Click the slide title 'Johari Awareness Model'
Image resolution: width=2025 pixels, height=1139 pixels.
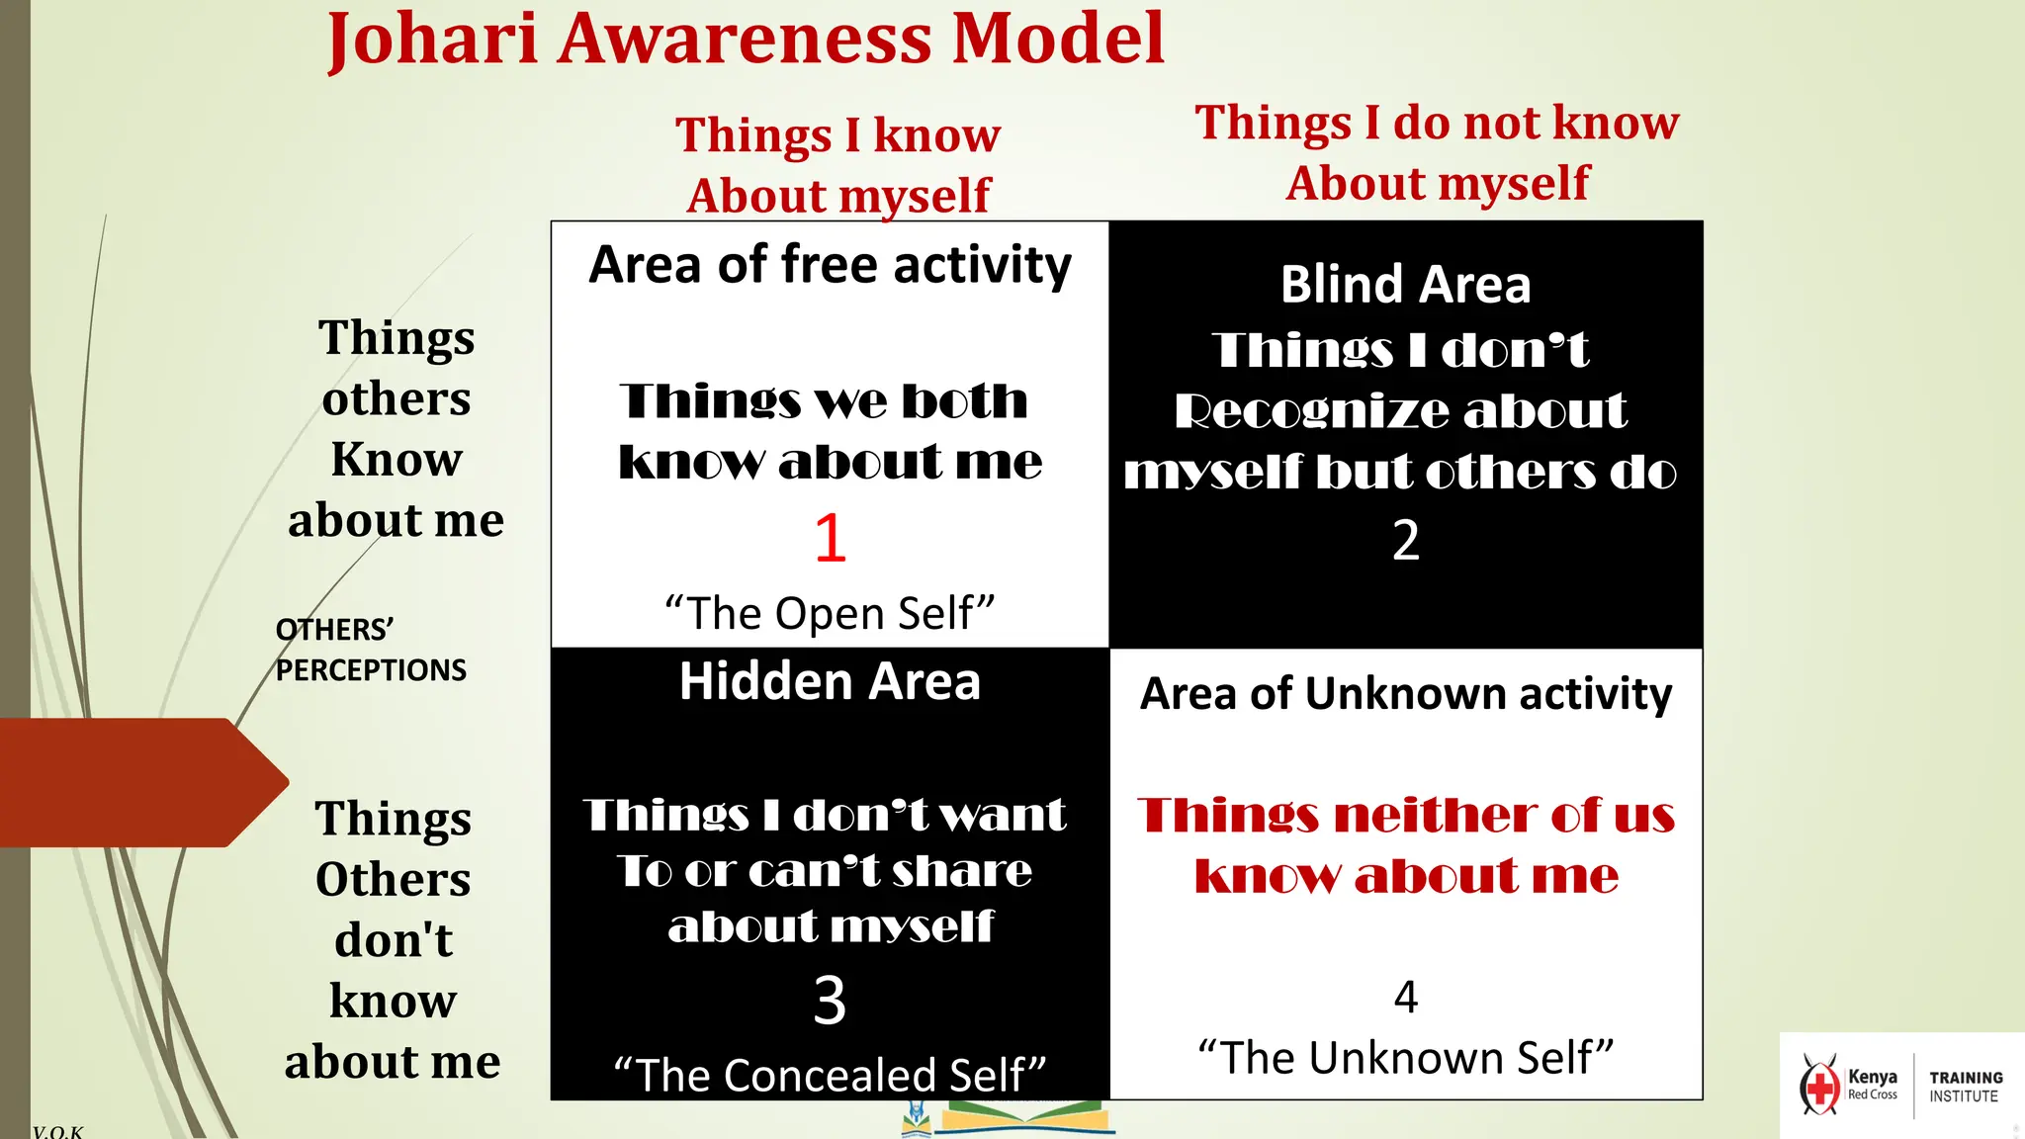tap(747, 40)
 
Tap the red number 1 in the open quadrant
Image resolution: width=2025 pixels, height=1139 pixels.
tap(831, 539)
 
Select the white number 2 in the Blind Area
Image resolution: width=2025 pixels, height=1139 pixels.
tap(1405, 541)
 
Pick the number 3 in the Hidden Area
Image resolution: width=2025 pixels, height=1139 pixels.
tap(830, 1001)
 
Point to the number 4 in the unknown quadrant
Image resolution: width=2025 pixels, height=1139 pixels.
tap(1405, 997)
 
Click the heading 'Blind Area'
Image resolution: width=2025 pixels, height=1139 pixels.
tap(1405, 285)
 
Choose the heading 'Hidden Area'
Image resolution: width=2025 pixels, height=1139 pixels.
tap(830, 682)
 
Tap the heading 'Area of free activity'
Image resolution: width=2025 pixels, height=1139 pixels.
tap(830, 265)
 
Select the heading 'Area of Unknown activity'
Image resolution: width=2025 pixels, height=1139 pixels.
tap(1405, 694)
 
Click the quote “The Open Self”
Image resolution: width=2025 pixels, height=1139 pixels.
tap(830, 614)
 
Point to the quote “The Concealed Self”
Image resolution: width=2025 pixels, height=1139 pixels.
tap(830, 1076)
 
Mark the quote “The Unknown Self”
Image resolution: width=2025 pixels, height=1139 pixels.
tap(1405, 1058)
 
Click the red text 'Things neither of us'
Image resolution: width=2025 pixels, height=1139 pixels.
tap(1405, 816)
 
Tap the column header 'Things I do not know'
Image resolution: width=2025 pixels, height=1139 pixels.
tap(1437, 123)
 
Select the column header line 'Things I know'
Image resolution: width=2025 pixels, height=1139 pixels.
tap(837, 135)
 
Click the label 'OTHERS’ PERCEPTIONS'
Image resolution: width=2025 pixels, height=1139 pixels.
tap(370, 650)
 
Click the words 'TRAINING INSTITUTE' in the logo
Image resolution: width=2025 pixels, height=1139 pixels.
tap(1965, 1087)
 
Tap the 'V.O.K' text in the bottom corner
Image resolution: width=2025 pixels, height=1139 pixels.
tap(57, 1131)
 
